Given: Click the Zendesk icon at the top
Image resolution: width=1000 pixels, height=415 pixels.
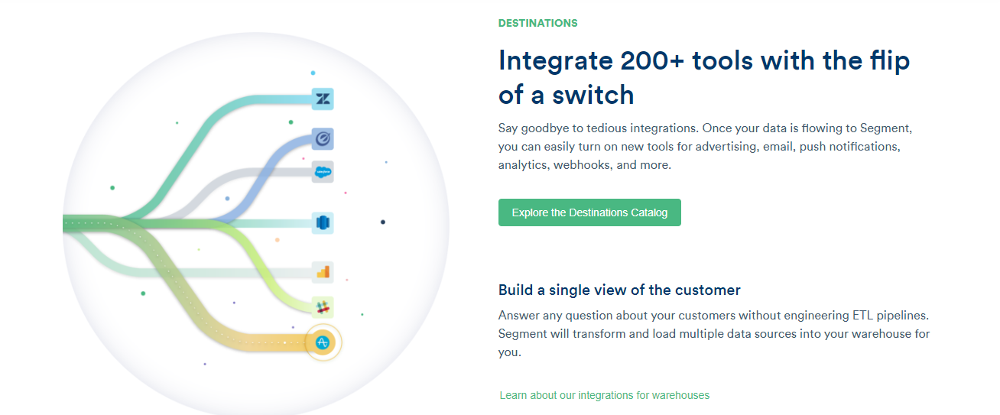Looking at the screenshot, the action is click(323, 99).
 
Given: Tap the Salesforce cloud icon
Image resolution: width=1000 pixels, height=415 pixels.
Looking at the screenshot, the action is click(323, 172).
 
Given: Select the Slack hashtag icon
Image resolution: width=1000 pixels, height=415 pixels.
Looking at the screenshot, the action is click(323, 307).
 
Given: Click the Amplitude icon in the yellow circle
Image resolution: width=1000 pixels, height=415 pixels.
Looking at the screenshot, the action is click(323, 342).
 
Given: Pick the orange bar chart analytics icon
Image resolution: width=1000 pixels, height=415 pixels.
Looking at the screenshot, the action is click(323, 272).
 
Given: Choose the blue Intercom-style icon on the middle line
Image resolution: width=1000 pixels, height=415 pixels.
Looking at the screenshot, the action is click(323, 222).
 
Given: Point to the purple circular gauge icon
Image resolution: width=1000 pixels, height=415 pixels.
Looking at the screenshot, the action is click(323, 139).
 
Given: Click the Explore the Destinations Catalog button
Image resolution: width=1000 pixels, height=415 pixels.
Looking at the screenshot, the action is click(589, 212).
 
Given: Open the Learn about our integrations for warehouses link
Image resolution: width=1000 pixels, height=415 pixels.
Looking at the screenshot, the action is click(604, 395).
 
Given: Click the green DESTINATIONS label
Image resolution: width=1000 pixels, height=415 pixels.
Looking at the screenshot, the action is click(537, 23).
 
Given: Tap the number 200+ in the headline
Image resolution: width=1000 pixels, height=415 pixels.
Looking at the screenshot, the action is click(652, 60).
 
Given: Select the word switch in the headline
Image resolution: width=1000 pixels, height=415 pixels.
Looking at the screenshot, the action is click(593, 95).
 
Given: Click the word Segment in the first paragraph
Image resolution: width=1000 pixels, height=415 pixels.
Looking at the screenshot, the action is click(885, 129).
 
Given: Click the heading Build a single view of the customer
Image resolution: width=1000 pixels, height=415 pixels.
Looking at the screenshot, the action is click(619, 290).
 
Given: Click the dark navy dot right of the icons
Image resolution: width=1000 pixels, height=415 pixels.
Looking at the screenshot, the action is click(382, 222).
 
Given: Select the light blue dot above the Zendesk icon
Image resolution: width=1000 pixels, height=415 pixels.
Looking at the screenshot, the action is click(313, 73).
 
